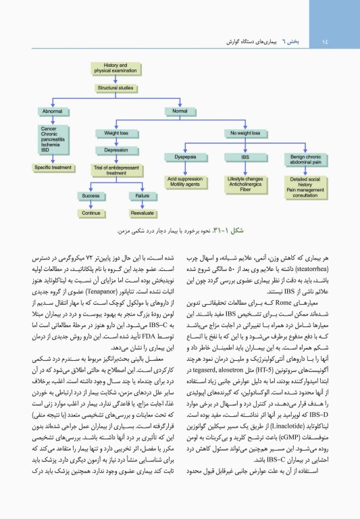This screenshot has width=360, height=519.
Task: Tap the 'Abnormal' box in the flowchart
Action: point(53,110)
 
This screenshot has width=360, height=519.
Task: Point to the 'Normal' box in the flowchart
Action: point(180,110)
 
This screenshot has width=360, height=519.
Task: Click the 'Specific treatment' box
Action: point(53,166)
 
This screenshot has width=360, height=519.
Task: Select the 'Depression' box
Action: point(116,149)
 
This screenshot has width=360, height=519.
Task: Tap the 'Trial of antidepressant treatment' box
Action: point(116,170)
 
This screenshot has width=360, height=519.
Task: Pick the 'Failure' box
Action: point(142,195)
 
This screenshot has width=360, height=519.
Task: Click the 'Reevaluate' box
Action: point(142,212)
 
